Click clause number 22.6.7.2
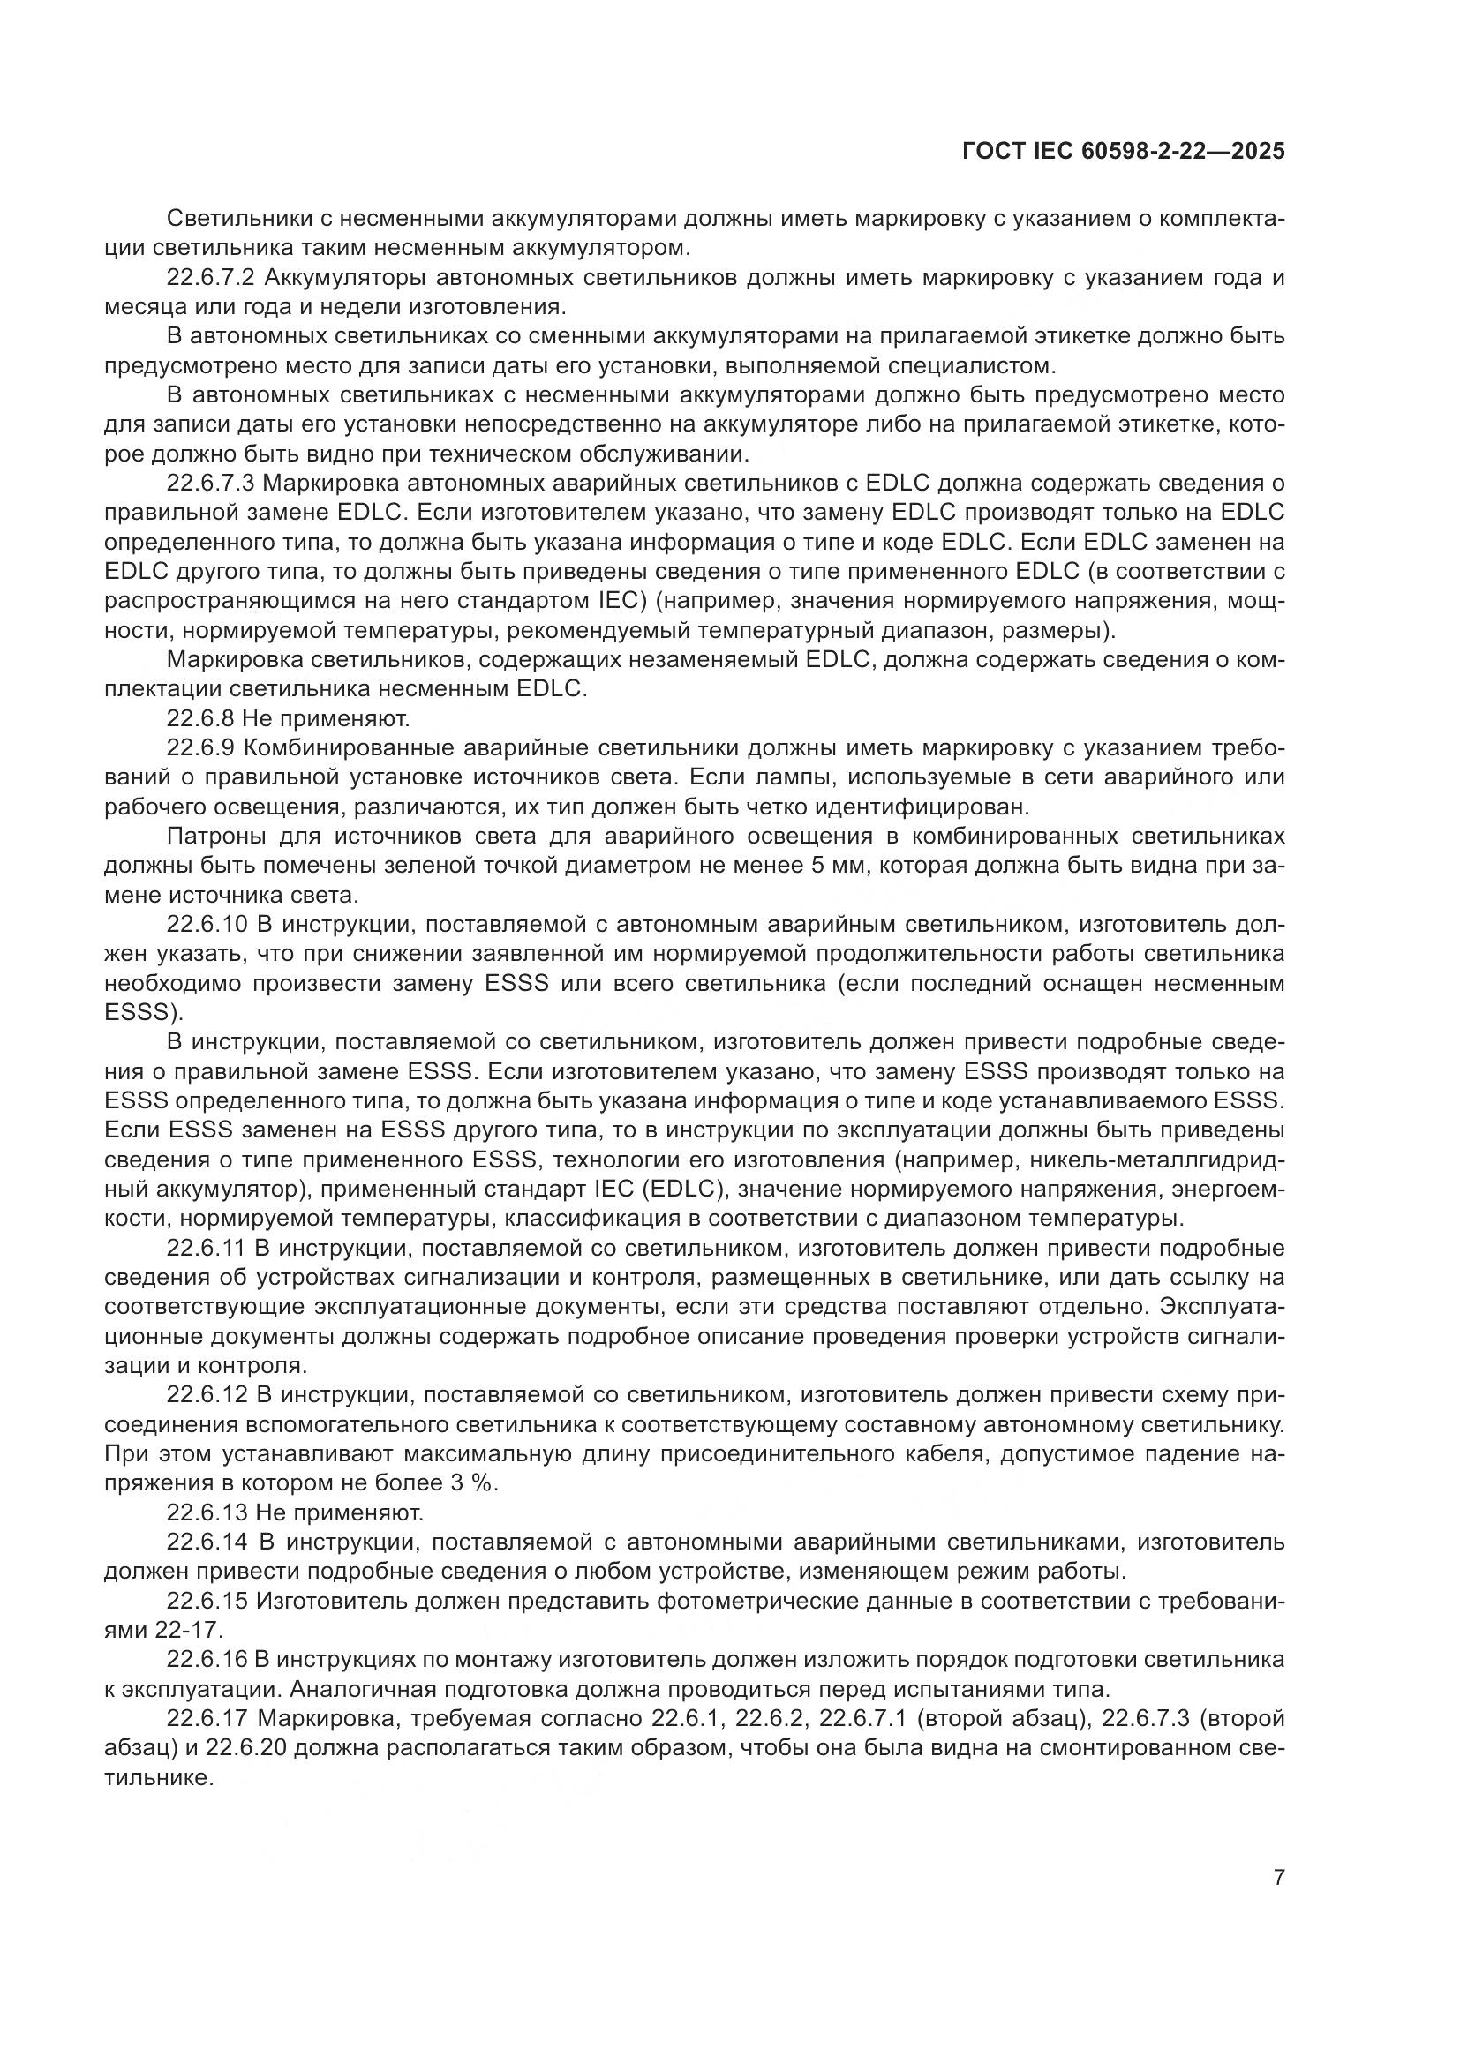210,278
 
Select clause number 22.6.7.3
210,484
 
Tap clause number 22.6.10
207,925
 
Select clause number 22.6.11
206,1249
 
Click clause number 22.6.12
207,1396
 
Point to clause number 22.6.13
207,1514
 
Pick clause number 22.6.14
207,1543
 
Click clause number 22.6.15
207,1602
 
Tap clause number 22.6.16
207,1661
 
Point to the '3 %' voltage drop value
473,1484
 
